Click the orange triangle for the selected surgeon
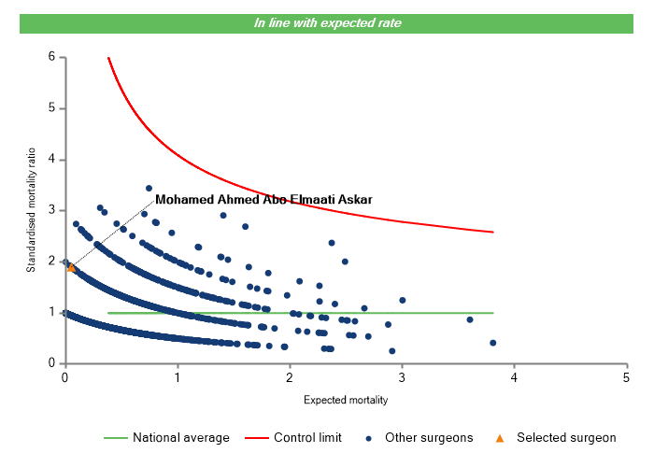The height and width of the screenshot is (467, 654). point(71,267)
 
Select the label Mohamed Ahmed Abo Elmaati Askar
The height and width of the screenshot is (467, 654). point(263,199)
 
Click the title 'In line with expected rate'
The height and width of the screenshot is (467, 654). point(327,22)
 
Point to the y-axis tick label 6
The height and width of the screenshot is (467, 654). point(51,57)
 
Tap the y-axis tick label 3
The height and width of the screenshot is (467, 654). point(51,210)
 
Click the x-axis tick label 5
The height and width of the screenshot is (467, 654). point(626,377)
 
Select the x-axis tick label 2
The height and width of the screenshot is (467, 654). point(290,377)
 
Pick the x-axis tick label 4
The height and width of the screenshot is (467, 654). point(514,377)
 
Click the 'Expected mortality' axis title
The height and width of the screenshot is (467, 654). point(346,400)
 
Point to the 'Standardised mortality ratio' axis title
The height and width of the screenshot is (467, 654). point(31,210)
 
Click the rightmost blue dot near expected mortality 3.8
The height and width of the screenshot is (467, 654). point(492,343)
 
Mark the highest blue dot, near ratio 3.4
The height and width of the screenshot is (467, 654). point(149,188)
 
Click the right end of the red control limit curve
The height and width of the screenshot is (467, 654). point(492,232)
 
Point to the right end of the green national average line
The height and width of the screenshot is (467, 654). point(492,313)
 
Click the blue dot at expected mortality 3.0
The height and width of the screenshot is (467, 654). point(403,300)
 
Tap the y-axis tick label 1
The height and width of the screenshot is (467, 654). point(51,313)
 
